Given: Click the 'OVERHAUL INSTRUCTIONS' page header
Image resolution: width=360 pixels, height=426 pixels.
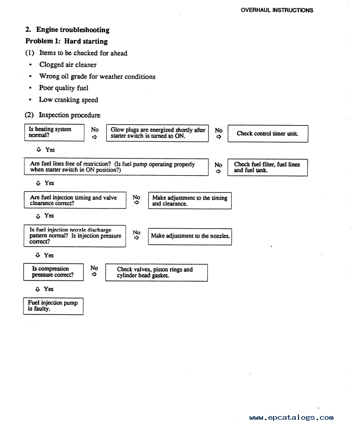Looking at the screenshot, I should coord(277,10).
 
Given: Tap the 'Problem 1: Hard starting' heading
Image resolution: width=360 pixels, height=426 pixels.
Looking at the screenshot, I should coord(67,41).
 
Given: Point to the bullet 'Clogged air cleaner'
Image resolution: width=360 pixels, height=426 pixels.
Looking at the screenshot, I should coord(68,65).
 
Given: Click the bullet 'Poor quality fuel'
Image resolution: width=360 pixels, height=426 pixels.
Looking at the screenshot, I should coord(64,88).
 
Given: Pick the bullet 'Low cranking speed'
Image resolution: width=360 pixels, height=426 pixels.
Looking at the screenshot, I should coord(68,100).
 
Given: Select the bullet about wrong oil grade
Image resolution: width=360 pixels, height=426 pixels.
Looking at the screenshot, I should coord(97,76).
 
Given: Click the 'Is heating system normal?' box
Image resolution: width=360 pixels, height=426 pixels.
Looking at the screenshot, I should coord(54,132).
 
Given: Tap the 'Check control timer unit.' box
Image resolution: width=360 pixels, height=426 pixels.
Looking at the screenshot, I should coord(267,133).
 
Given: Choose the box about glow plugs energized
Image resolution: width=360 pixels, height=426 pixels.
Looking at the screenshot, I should coord(157,133).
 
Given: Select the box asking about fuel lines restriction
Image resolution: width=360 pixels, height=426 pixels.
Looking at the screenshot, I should coord(116,167).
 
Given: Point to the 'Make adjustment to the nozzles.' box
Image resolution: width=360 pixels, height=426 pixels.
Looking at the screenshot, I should coord(190,236).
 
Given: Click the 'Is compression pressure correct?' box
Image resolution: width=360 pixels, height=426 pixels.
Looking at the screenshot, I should coord(54,272).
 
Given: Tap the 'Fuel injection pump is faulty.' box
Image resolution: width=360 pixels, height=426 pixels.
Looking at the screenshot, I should coord(54,306).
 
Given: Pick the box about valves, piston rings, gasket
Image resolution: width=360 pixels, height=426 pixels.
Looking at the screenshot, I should coord(155,272).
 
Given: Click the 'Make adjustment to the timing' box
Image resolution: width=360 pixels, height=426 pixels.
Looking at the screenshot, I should coord(190,201).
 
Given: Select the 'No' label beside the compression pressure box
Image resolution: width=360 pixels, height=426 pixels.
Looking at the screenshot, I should coord(94,269).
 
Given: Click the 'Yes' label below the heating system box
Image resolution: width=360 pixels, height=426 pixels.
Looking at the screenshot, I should coord(49,150).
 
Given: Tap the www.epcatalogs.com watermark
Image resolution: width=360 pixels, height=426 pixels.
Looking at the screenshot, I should coord(291,417).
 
